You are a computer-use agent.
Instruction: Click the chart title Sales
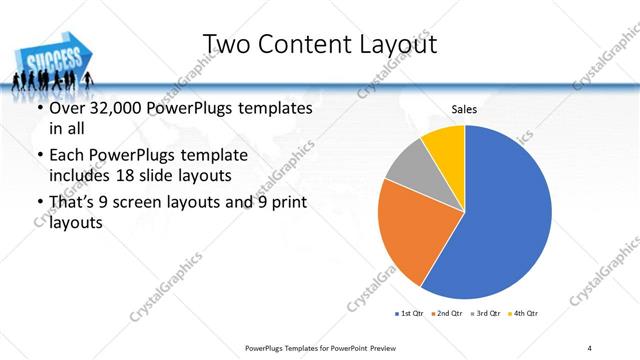coord(464,108)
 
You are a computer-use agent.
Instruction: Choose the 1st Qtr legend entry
coord(410,314)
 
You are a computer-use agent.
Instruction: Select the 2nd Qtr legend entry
coord(446,314)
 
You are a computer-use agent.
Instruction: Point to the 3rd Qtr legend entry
coord(483,314)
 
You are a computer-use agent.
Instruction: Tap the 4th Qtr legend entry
coord(521,314)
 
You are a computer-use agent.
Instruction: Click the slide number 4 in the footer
coord(589,347)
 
